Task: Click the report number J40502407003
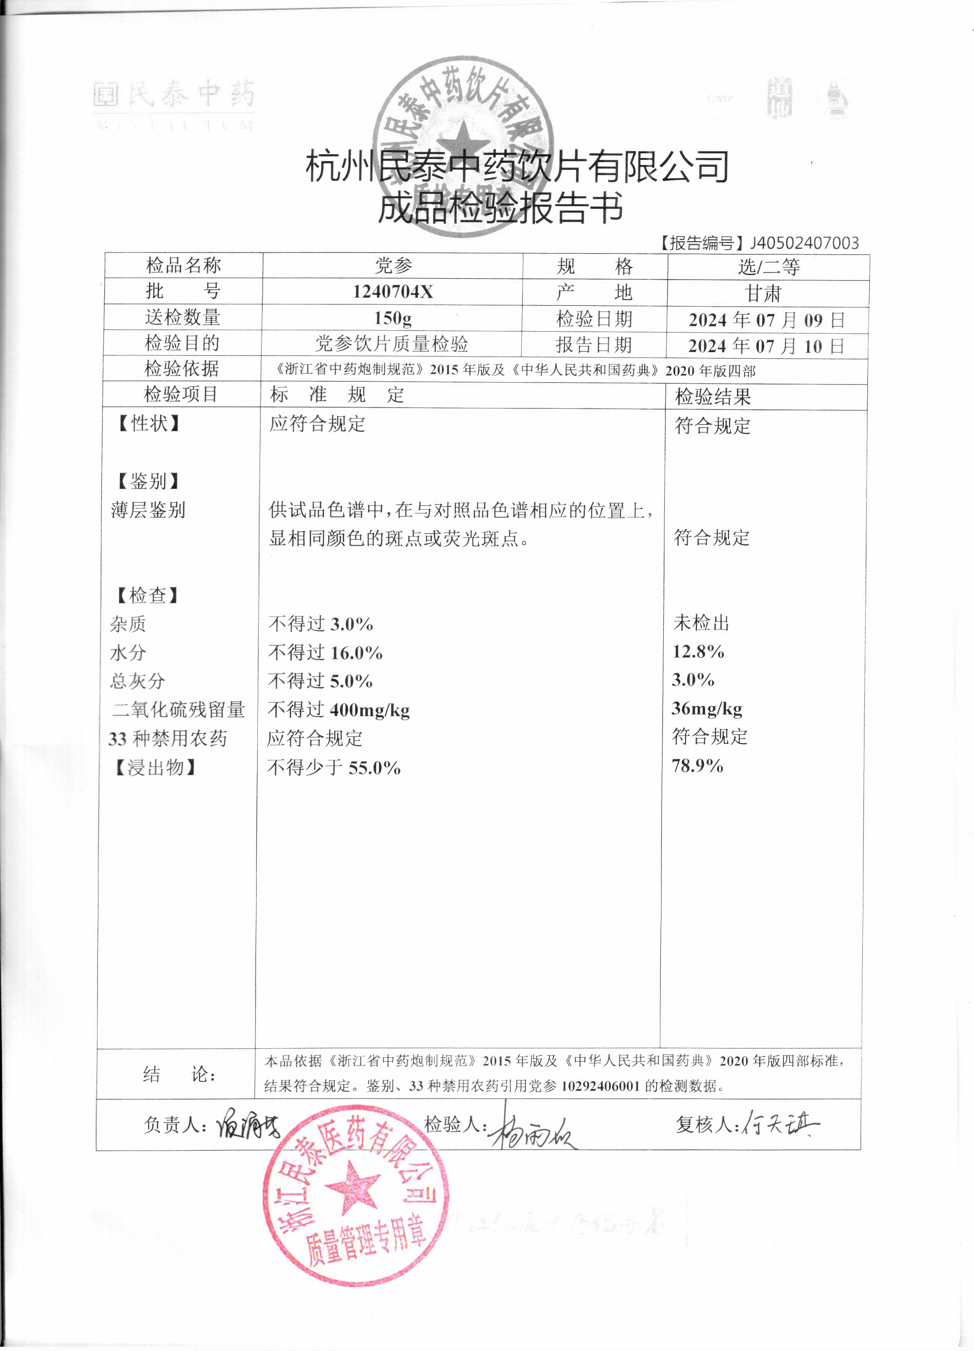click(804, 243)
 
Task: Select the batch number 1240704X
click(393, 292)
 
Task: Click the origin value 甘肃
click(763, 293)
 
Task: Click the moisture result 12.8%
click(698, 652)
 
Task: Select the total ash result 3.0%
click(693, 680)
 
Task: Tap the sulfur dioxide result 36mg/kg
click(707, 708)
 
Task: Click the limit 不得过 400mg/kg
click(338, 710)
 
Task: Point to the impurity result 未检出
click(701, 623)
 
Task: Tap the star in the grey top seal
click(463, 142)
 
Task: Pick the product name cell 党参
click(393, 266)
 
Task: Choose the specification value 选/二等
click(769, 267)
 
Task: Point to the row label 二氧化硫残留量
click(179, 710)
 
